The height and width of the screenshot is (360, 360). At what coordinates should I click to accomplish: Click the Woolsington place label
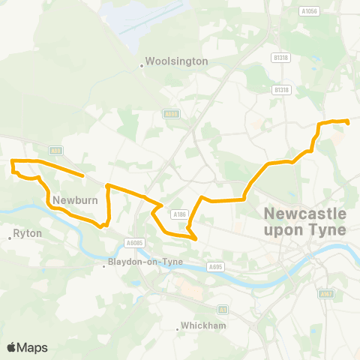(176, 61)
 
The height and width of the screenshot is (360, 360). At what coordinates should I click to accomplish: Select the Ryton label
(28, 234)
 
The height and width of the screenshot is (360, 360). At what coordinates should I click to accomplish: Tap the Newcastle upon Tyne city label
(305, 222)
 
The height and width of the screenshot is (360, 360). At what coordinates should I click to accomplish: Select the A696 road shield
(172, 114)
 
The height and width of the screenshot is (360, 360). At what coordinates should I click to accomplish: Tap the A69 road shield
(55, 151)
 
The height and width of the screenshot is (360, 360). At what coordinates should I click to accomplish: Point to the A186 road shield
(179, 214)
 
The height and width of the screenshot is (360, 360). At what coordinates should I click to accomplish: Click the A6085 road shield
(134, 243)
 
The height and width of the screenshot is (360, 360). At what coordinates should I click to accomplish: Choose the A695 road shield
(217, 266)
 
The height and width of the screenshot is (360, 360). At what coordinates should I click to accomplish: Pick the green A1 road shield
(223, 309)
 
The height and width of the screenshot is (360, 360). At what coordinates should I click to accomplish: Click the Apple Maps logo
(27, 347)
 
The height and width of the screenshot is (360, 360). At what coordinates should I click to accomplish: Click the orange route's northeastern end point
(348, 121)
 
